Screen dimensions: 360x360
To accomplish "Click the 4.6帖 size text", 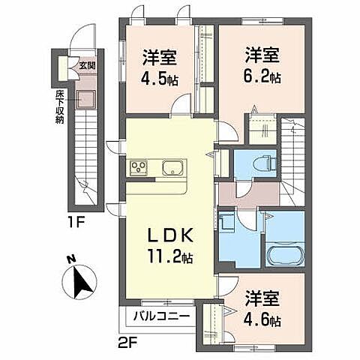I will (262, 321).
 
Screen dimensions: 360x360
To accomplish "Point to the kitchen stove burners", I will (139, 167).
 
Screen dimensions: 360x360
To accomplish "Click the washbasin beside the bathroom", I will (226, 224).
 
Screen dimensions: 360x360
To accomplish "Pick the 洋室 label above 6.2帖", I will (262, 55).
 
